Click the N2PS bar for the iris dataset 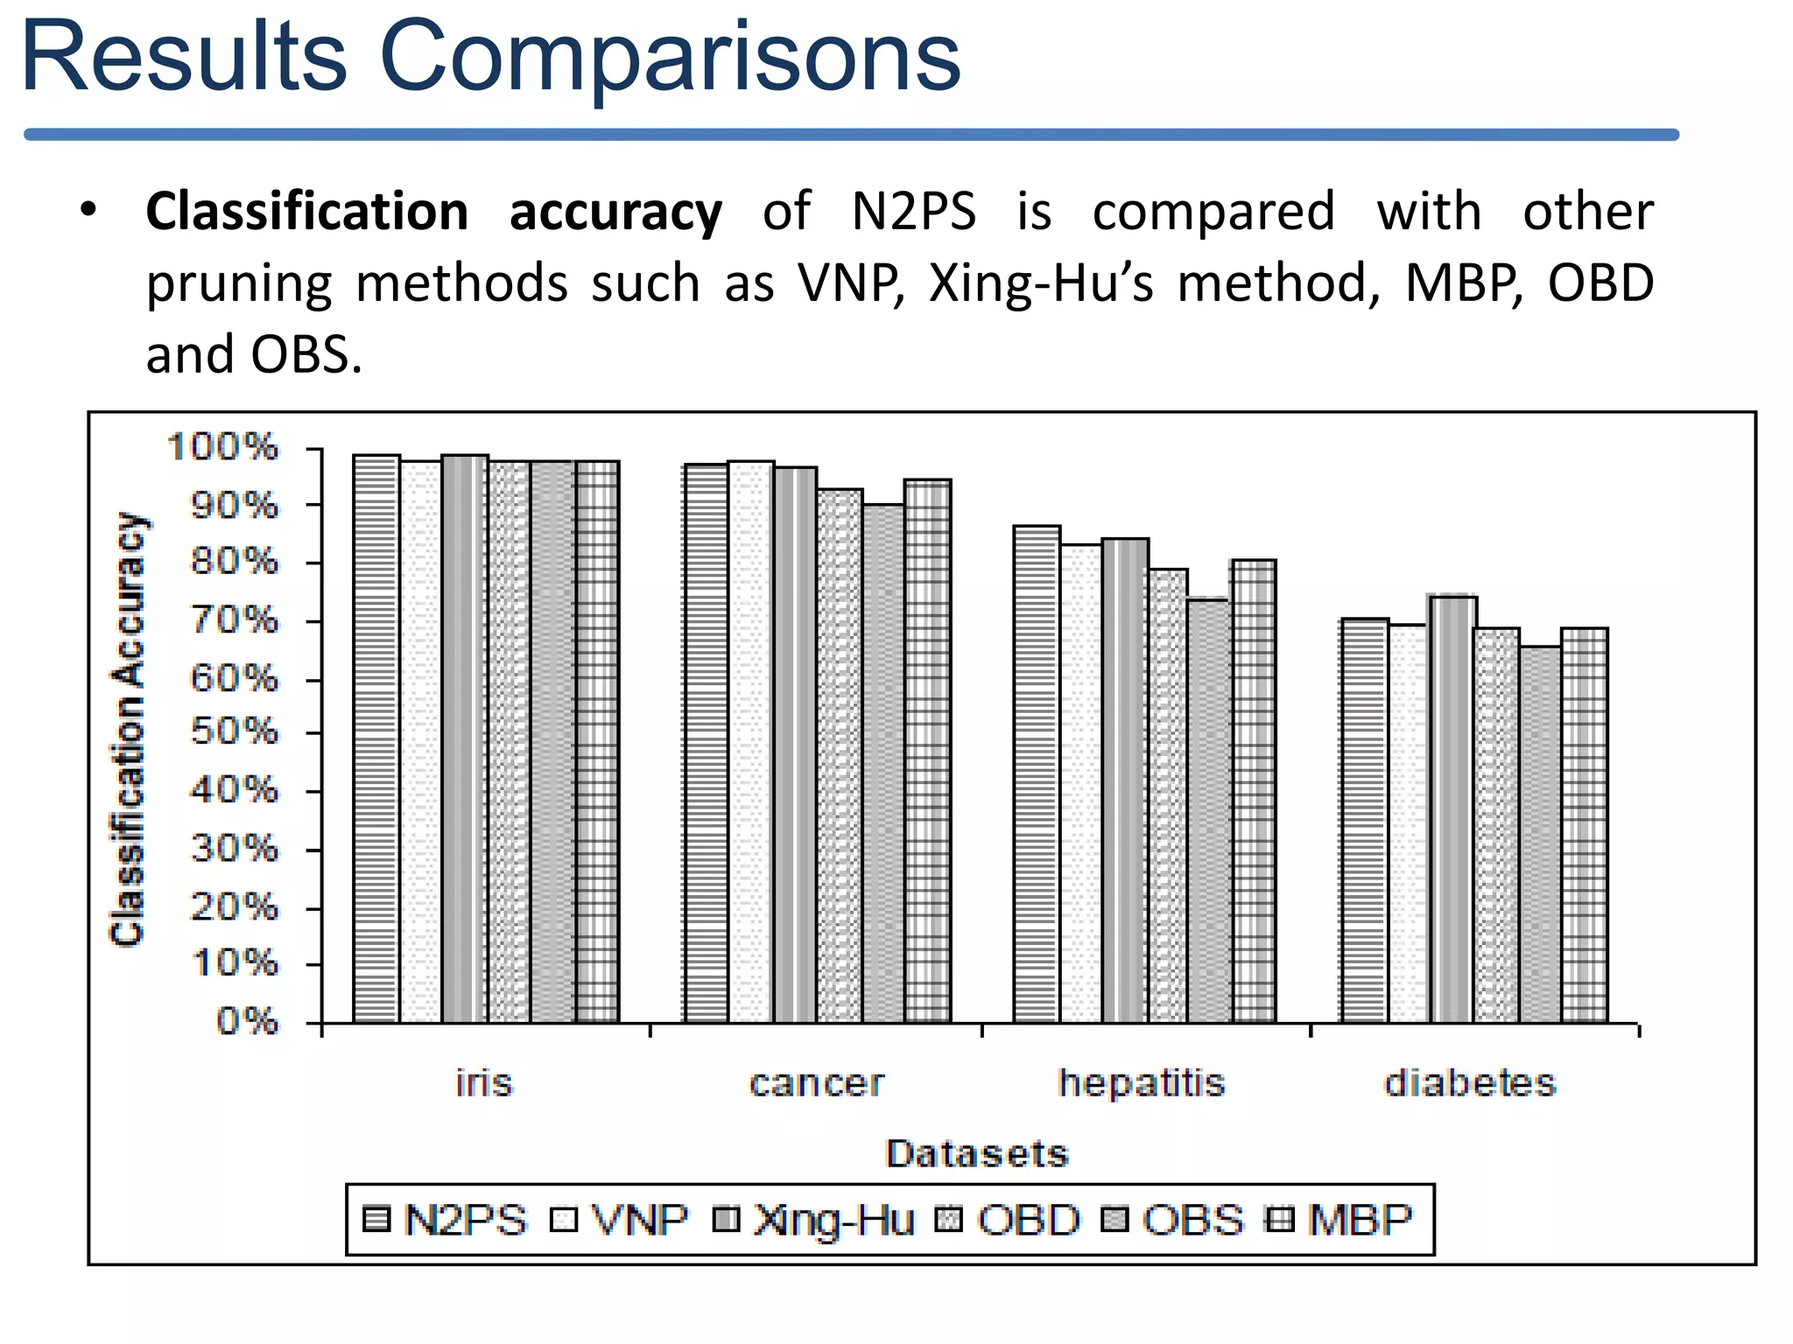pyautogui.click(x=376, y=739)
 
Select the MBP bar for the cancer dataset pyautogui.click(x=928, y=752)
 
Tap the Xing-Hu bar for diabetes pyautogui.click(x=1453, y=809)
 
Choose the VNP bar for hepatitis pyautogui.click(x=1081, y=784)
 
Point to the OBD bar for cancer pyautogui.click(x=840, y=757)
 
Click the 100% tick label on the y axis pyautogui.click(x=223, y=447)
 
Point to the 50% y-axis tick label pyautogui.click(x=235, y=732)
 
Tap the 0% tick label pyautogui.click(x=248, y=1021)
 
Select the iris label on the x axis pyautogui.click(x=484, y=1083)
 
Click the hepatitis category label pyautogui.click(x=1142, y=1083)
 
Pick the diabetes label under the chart pyautogui.click(x=1470, y=1083)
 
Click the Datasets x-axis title pyautogui.click(x=977, y=1154)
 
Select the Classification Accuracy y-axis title pyautogui.click(x=128, y=730)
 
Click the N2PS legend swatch pyautogui.click(x=376, y=1220)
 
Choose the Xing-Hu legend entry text pyautogui.click(x=834, y=1220)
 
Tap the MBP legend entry pyautogui.click(x=1360, y=1220)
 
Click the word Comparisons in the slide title pyautogui.click(x=670, y=57)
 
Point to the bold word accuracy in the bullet pyautogui.click(x=615, y=213)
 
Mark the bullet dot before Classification pyautogui.click(x=88, y=211)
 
